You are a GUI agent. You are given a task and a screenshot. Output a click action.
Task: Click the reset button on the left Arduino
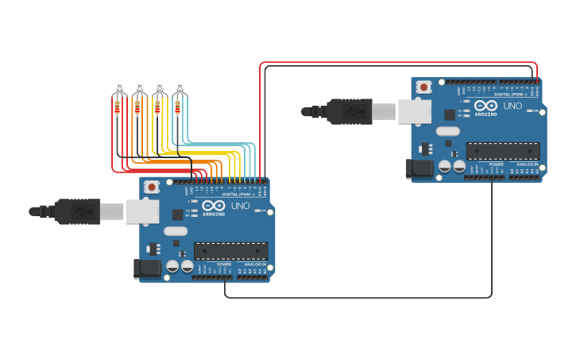[151, 187]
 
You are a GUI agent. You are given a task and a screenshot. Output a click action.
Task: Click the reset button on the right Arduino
[423, 87]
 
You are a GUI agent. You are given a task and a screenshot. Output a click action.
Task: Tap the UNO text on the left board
[240, 206]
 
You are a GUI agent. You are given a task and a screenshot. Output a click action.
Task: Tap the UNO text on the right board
[512, 106]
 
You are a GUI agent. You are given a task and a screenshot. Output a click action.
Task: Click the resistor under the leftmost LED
[118, 106]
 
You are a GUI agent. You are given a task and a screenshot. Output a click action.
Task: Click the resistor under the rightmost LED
[177, 106]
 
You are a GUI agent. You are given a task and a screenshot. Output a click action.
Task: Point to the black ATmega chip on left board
[230, 250]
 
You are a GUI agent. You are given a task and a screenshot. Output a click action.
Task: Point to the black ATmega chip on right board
[503, 151]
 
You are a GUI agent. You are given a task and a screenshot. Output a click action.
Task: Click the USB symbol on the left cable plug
[80, 211]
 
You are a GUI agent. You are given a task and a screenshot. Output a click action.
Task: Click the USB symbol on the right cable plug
[351, 111]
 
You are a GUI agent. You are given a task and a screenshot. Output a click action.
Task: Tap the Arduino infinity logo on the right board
[485, 106]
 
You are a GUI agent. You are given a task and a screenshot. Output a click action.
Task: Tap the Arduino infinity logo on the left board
[213, 206]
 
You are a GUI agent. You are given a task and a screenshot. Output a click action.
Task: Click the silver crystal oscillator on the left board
[176, 231]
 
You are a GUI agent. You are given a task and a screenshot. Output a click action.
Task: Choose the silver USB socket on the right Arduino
[415, 111]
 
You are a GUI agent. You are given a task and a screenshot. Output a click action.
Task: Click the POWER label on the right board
[496, 165]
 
